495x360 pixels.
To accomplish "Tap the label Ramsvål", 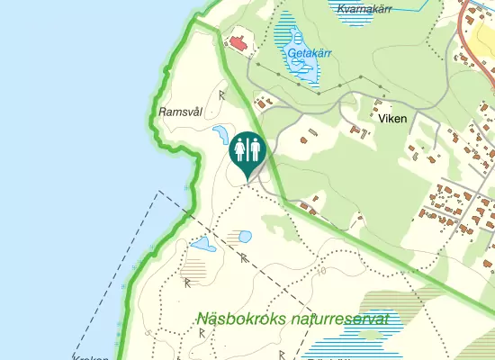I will point(180,112).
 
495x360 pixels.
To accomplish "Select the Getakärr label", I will point(310,52).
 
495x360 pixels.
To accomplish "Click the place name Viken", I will point(393,118).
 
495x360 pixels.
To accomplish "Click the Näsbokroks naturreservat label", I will point(292,319).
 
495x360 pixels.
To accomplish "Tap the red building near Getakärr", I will point(238,41).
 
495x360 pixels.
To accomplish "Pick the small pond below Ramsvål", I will point(220,136).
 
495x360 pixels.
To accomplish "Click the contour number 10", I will point(320,269).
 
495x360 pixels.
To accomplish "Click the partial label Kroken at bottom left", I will point(90,357).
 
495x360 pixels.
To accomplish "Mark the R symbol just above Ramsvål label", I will point(222,94).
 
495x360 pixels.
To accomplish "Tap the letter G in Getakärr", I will point(292,52).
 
